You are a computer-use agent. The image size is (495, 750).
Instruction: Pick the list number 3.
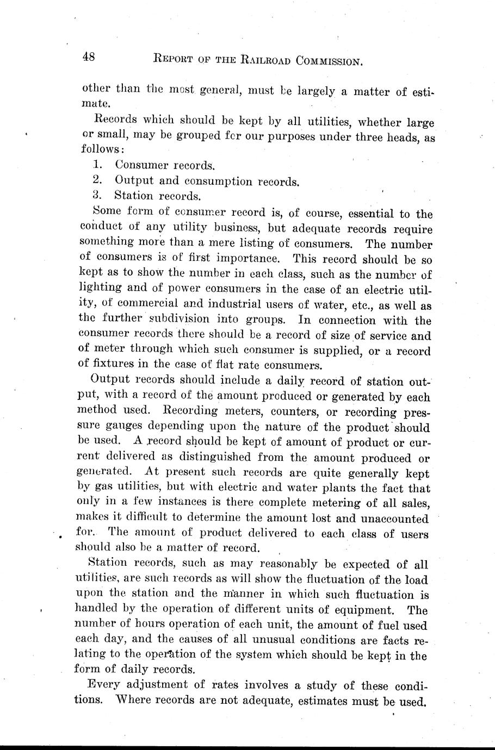pos(97,195)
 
